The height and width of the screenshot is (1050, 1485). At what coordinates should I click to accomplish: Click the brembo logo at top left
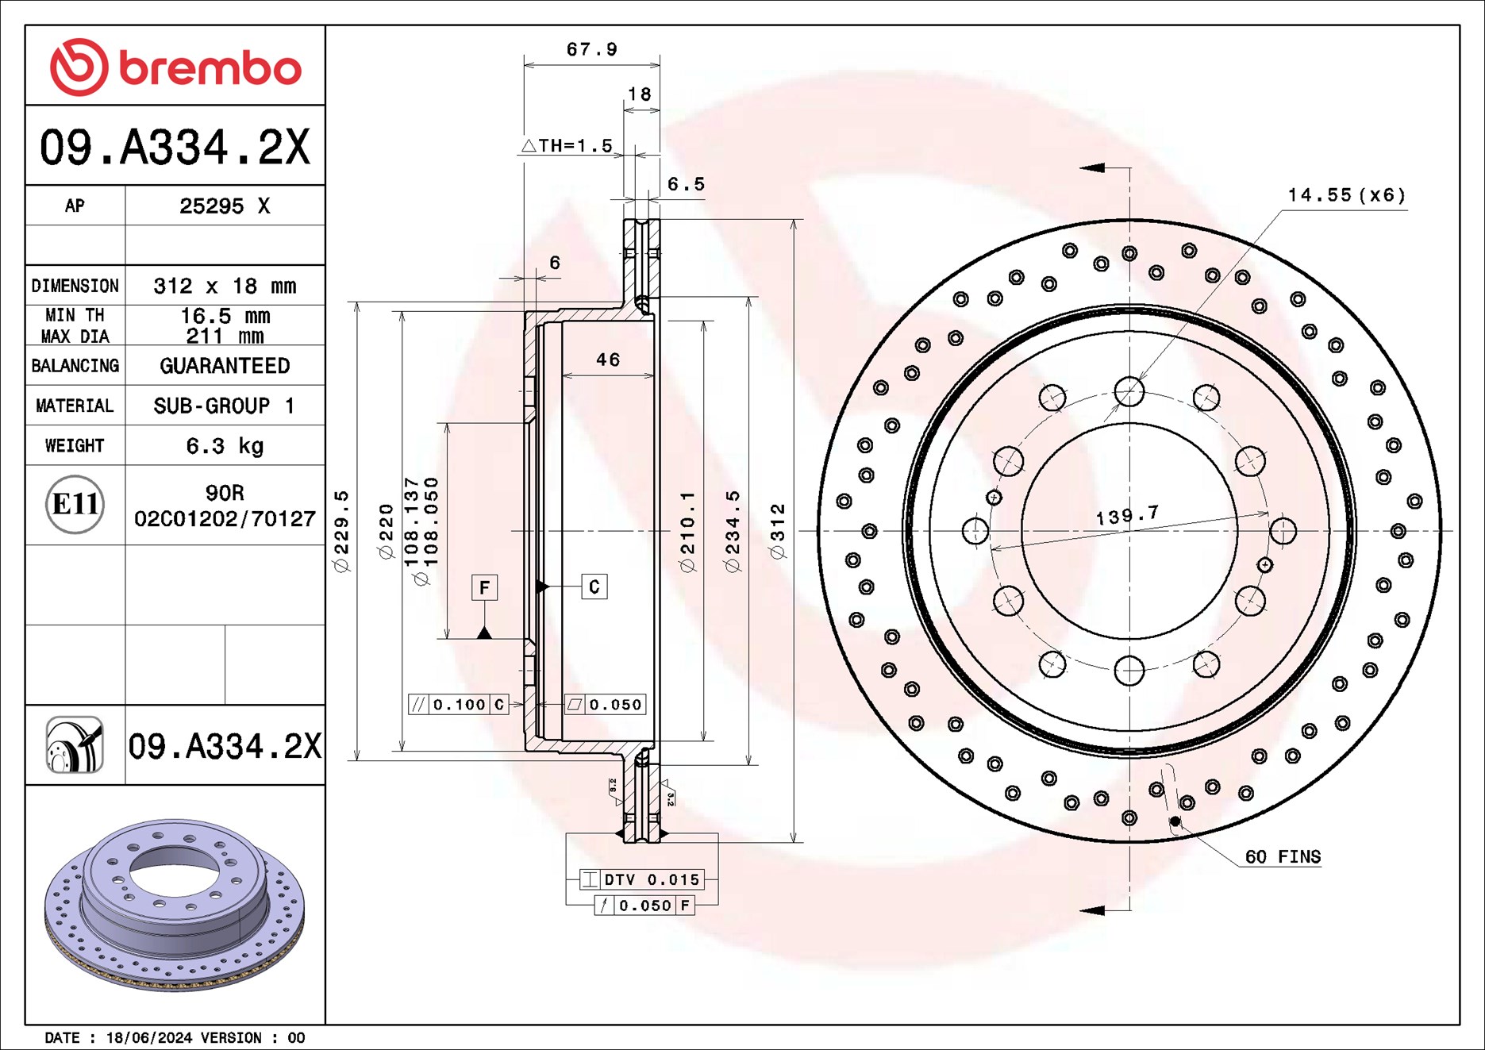(175, 67)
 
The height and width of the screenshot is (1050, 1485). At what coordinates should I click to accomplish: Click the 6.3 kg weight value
(225, 446)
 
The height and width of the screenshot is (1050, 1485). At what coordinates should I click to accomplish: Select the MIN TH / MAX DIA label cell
(75, 325)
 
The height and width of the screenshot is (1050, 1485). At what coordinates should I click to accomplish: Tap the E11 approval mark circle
(75, 504)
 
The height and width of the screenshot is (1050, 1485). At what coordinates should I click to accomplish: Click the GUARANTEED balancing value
(225, 366)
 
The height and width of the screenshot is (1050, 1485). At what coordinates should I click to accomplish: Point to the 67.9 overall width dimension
(591, 50)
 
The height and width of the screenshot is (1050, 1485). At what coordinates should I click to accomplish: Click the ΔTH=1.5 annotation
(567, 146)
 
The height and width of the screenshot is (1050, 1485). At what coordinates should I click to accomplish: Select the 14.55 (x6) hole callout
(1345, 195)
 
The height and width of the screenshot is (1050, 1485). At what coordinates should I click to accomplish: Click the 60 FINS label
(1282, 857)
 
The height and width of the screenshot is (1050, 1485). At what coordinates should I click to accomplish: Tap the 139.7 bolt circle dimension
(1127, 516)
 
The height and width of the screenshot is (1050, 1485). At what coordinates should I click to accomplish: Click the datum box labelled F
(484, 587)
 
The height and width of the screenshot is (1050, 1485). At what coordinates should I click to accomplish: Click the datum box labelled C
(594, 587)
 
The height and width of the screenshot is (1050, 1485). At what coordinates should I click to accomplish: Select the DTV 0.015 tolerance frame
(641, 879)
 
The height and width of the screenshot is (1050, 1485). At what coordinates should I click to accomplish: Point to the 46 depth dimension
(608, 360)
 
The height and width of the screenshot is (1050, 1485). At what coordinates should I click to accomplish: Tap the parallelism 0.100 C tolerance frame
(459, 704)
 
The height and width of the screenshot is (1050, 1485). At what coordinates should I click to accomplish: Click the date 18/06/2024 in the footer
(148, 1038)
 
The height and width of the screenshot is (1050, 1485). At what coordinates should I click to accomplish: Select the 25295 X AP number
(225, 206)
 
